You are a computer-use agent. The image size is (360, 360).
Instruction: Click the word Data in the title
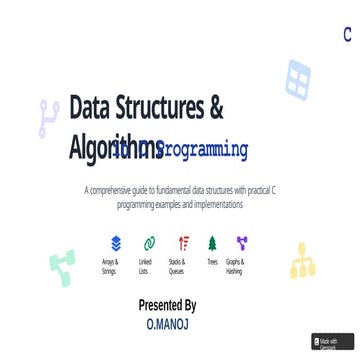pos(95,108)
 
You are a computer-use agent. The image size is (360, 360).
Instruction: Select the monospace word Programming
pos(200,150)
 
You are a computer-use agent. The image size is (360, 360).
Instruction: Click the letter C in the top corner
pos(347,35)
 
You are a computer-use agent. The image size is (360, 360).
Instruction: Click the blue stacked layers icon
pos(116,243)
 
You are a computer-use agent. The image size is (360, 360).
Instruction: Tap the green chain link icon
pos(148,243)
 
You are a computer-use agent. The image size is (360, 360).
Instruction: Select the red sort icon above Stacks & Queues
pos(182,243)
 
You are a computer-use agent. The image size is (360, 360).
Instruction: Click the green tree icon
pos(212,243)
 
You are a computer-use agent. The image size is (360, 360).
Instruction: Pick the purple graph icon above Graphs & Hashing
pos(241,243)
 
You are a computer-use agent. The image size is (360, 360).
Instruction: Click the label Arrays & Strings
pos(110,266)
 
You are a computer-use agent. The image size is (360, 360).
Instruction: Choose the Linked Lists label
pos(144,266)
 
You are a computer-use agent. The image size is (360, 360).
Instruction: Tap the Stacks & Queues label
pos(177,266)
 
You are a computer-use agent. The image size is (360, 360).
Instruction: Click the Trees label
pos(212,262)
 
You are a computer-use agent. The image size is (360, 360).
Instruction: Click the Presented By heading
pos(167,305)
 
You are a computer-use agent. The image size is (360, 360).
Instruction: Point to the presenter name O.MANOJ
pos(167,324)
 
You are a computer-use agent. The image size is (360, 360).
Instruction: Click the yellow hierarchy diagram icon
pos(302,262)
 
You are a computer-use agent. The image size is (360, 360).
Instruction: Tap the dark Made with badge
pos(331,343)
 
